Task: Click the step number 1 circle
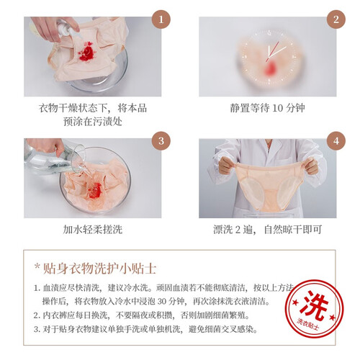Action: [x=161, y=19]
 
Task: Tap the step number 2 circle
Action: [x=336, y=19]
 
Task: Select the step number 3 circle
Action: [x=161, y=140]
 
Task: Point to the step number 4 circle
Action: [x=336, y=140]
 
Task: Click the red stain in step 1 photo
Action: [x=86, y=52]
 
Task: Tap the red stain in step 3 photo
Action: [x=95, y=190]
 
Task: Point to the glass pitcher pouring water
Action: [x=53, y=157]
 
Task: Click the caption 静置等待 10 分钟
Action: [x=267, y=108]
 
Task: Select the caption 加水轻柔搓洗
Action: [x=93, y=230]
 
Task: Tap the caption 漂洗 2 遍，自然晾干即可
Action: [x=267, y=230]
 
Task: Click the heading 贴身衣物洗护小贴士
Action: [x=99, y=269]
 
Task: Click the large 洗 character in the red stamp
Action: [x=315, y=305]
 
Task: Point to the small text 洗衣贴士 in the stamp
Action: [x=308, y=325]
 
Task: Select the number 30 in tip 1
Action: [x=162, y=301]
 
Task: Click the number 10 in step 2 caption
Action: [x=278, y=108]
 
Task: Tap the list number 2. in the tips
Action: [x=37, y=315]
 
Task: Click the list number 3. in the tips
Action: [x=37, y=329]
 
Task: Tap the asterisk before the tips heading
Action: [x=37, y=266]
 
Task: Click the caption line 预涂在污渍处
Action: [x=93, y=122]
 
